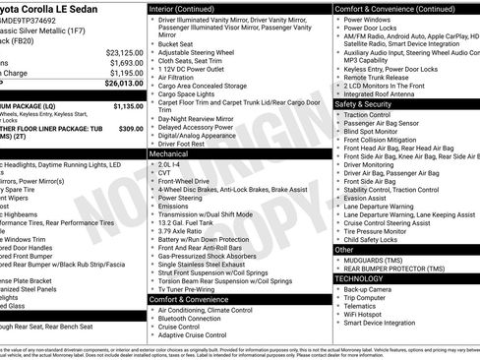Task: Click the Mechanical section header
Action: (169, 154)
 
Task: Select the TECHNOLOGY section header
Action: (361, 278)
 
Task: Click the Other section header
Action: (344, 249)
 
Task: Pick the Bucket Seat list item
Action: (177, 43)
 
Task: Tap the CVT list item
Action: (164, 173)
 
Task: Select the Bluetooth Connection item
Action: (193, 318)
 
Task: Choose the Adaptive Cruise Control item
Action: (192, 335)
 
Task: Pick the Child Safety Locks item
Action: (372, 238)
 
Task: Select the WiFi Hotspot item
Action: (366, 314)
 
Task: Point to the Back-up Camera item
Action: (370, 289)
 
